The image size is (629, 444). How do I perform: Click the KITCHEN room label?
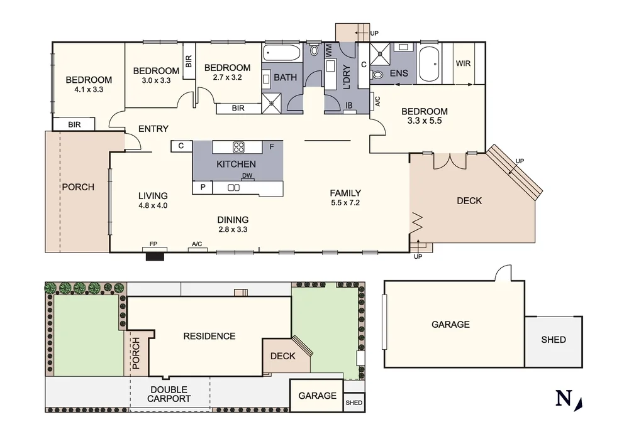point(236,165)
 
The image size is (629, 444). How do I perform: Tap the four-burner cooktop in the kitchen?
point(239,148)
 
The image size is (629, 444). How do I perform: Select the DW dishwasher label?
point(247,176)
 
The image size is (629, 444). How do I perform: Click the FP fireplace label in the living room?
point(153,244)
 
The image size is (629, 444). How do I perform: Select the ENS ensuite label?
point(399,73)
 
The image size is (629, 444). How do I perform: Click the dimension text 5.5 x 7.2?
point(345,203)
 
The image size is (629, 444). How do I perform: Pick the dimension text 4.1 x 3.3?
point(89,90)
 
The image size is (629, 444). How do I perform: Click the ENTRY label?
point(153,129)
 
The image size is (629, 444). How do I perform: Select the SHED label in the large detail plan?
point(554,340)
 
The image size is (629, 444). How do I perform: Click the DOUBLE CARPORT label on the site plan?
point(169,394)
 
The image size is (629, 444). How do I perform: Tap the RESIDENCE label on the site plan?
point(209,336)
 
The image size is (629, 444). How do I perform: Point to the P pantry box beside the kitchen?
point(203,187)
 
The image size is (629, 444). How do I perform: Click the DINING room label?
point(233,220)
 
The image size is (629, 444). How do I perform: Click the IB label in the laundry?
point(349,106)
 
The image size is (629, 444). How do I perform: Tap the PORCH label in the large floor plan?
point(77,187)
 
